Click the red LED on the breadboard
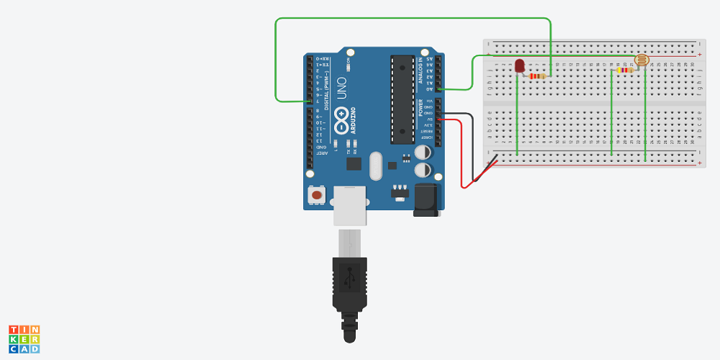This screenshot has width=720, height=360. click(x=519, y=66)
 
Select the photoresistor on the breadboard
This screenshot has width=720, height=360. click(x=641, y=60)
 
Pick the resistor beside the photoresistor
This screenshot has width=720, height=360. click(x=624, y=70)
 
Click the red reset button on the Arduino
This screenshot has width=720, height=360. click(x=316, y=195)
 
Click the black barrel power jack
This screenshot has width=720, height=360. click(x=426, y=199)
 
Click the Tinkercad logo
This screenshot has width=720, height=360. click(x=24, y=339)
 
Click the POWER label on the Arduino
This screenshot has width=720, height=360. click(x=421, y=108)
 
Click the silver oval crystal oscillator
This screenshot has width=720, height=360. click(x=374, y=166)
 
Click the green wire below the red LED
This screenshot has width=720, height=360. click(x=517, y=115)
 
